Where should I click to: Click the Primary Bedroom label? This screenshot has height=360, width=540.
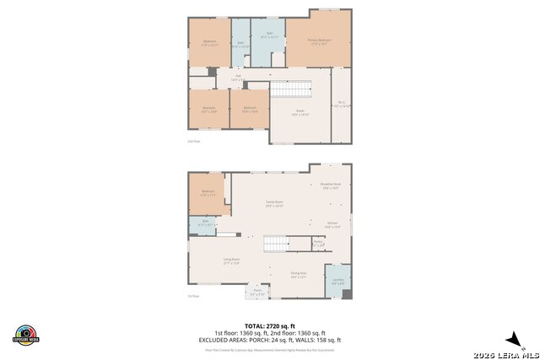tap(319, 40)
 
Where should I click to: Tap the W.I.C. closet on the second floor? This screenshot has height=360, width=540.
tap(341, 106)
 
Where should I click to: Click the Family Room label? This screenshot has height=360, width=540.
tap(274, 204)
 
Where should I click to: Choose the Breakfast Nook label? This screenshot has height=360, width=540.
tap(330, 185)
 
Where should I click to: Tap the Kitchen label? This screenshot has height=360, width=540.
tap(332, 224)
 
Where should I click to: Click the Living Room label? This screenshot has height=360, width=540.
tap(232, 261)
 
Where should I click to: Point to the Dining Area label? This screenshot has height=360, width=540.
tap(298, 274)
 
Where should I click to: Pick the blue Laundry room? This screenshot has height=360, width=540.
tap(337, 281)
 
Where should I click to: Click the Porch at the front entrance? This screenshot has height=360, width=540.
tap(257, 292)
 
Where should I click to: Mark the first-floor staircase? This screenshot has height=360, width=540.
tap(275, 244)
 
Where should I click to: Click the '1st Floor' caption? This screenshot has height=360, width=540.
tap(193, 296)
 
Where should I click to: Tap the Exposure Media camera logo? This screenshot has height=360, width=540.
tap(27, 334)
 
